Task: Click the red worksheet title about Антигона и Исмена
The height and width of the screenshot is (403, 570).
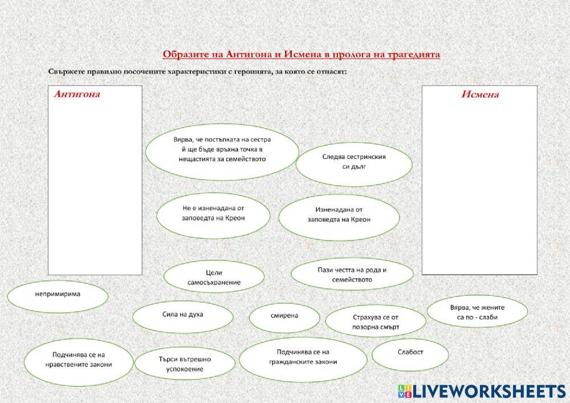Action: click(x=301, y=55)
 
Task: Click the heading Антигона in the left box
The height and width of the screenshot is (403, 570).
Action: click(x=77, y=95)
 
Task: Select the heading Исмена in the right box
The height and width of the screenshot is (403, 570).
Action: click(x=479, y=95)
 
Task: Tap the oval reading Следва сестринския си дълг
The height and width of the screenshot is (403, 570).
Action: click(x=354, y=162)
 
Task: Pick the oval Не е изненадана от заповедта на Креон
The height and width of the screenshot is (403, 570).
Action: click(x=213, y=213)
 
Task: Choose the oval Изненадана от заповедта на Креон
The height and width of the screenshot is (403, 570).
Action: click(x=339, y=214)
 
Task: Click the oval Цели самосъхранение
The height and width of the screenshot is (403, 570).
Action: click(x=214, y=278)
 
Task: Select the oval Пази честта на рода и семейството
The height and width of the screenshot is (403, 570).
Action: click(x=352, y=275)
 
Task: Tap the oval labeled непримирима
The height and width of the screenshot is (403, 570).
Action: click(x=58, y=295)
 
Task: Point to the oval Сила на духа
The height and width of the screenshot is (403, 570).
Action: click(x=182, y=315)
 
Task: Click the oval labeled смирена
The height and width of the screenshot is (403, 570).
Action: click(x=284, y=315)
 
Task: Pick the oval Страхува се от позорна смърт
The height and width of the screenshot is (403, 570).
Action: click(x=375, y=321)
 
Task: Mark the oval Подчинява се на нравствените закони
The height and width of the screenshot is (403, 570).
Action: click(x=78, y=360)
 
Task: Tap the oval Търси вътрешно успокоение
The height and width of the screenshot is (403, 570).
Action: click(x=185, y=364)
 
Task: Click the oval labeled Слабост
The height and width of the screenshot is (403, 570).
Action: click(x=410, y=353)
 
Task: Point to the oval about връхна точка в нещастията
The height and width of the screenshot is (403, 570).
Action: click(x=222, y=149)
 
